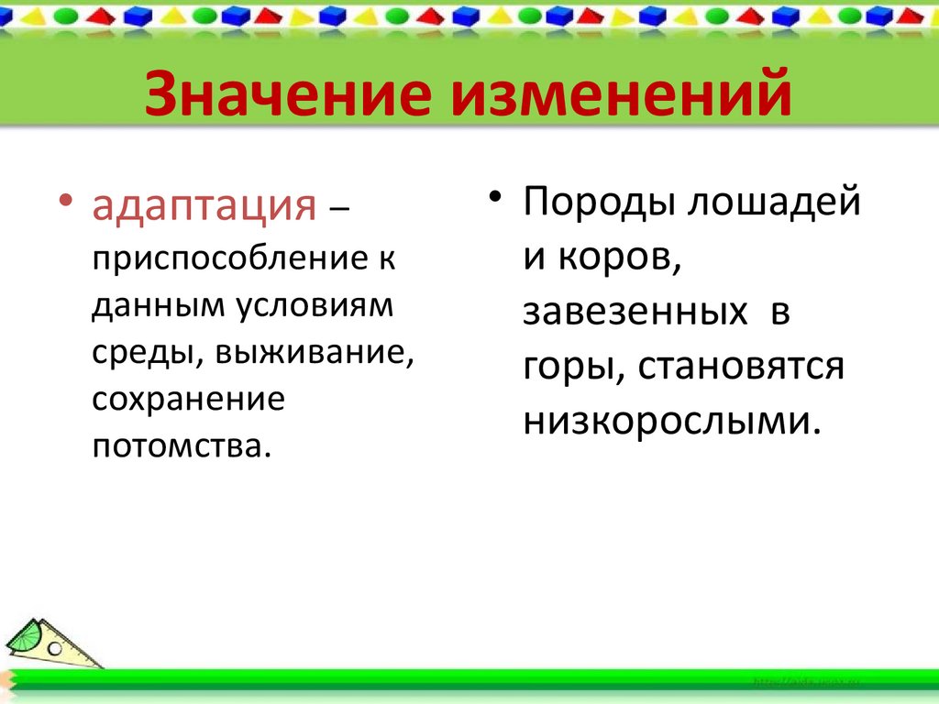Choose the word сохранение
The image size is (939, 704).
click(188, 399)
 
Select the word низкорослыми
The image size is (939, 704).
click(668, 421)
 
